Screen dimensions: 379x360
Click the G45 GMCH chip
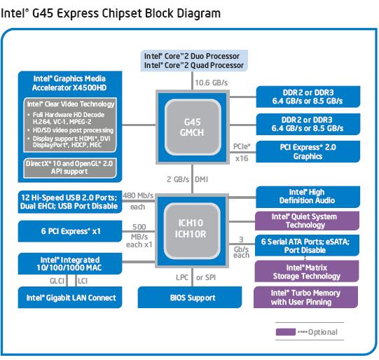[193, 127]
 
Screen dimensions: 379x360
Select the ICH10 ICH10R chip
[192, 230]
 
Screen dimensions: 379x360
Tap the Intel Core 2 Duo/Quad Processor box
[194, 61]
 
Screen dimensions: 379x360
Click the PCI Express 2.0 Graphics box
[308, 152]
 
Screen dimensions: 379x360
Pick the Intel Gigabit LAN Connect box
[70, 298]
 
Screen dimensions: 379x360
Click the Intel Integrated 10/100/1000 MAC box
[70, 263]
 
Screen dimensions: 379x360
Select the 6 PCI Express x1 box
[70, 231]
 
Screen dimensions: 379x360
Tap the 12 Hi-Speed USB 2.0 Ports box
[70, 202]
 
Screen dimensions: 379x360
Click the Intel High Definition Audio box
[308, 197]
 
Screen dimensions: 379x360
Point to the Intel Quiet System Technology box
[308, 221]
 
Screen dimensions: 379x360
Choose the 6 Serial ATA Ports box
[308, 245]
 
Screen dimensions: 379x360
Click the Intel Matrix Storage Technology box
[307, 271]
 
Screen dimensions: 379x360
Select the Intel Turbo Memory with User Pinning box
[305, 297]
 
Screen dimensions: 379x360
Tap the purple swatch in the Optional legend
[286, 332]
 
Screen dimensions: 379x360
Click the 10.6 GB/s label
[212, 83]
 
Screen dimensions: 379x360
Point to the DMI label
[201, 179]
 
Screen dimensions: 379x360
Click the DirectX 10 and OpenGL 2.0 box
[70, 167]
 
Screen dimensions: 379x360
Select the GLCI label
[57, 281]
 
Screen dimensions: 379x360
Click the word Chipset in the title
[122, 13]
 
